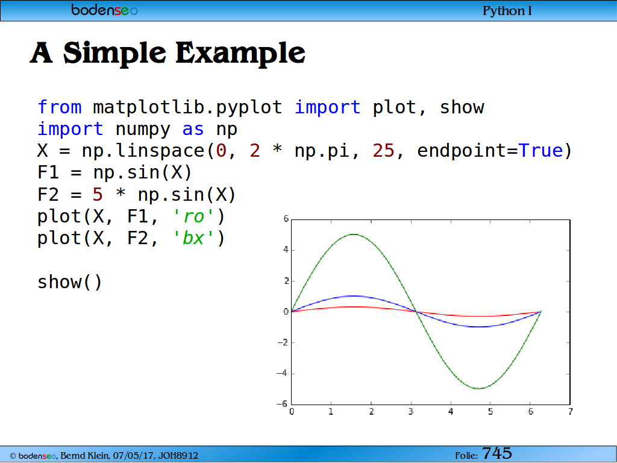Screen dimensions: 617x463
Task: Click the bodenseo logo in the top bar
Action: [x=104, y=10]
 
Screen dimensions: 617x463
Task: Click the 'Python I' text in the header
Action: [x=507, y=11]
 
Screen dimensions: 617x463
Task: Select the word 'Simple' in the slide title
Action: [x=114, y=53]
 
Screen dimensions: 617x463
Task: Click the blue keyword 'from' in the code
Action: [x=60, y=107]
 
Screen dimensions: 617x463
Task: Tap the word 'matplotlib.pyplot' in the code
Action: [x=188, y=108]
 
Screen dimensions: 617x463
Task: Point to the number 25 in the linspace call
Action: [x=383, y=151]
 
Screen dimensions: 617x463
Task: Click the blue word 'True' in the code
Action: [x=540, y=151]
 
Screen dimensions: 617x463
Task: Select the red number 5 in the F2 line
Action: [x=98, y=195]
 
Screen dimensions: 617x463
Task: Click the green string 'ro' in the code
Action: [x=193, y=217]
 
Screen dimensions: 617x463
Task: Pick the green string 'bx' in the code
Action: [x=193, y=238]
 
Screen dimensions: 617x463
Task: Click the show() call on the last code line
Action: [x=70, y=282]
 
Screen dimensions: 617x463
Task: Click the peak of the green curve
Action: [x=354, y=235]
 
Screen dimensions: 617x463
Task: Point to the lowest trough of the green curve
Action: [x=479, y=389]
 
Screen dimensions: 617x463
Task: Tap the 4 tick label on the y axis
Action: [x=286, y=250]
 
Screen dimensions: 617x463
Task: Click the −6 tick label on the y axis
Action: [x=283, y=403]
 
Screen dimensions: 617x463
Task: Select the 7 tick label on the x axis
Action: [x=571, y=411]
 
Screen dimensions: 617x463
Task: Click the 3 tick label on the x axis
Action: [x=411, y=411]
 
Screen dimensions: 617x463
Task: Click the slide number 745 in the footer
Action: [x=497, y=453]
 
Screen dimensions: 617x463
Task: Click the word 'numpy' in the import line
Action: [x=143, y=130]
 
